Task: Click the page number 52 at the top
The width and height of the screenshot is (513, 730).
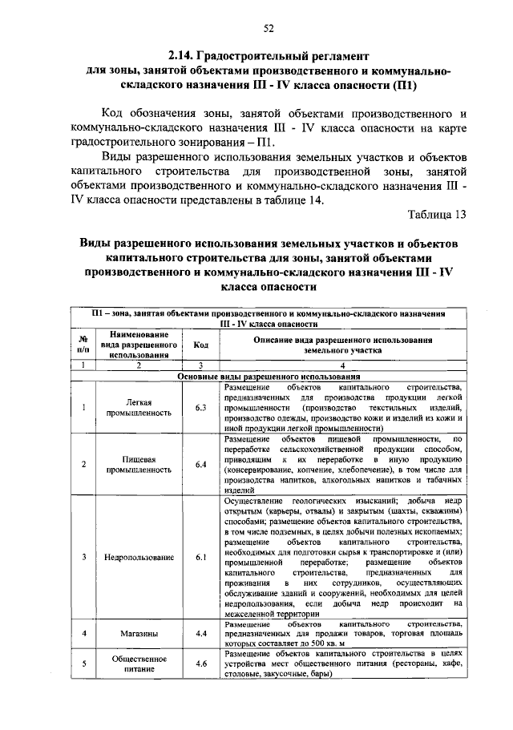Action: coord(268,29)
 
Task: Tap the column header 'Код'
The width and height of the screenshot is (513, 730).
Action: coord(201,345)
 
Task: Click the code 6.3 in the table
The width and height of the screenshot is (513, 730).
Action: coord(201,407)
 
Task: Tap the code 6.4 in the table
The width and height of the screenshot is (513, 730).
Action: coord(201,465)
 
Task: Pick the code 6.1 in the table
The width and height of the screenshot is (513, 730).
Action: coord(201,556)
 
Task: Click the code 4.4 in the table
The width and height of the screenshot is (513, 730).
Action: coord(201,633)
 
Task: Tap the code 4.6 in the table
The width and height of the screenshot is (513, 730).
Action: coord(201,663)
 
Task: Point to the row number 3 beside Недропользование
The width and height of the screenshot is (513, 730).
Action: coord(83,556)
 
